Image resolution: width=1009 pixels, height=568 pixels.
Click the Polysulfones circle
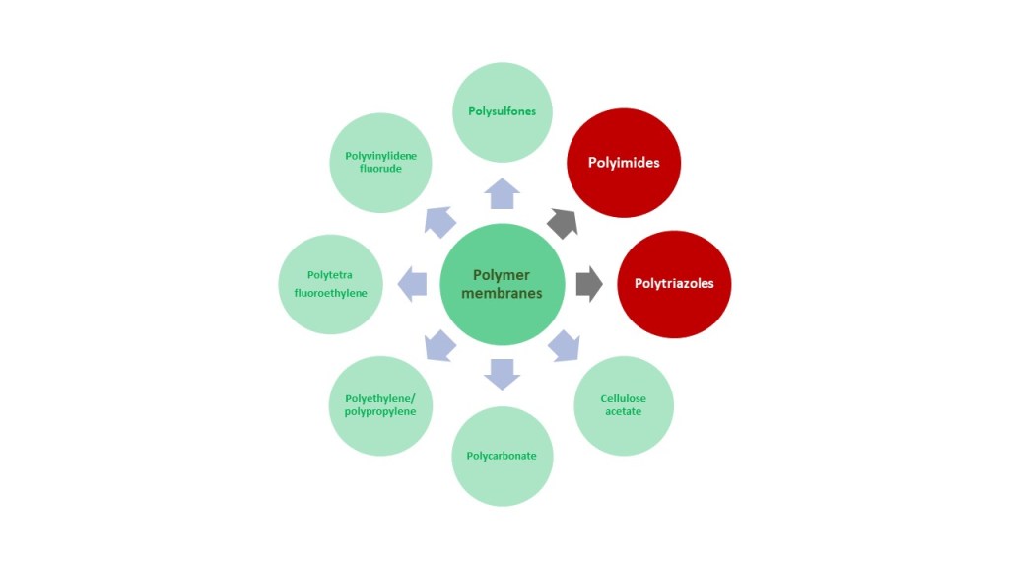pyautogui.click(x=502, y=111)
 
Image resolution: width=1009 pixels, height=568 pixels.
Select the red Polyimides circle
pyautogui.click(x=624, y=162)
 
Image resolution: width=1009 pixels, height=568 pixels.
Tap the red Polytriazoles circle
pyautogui.click(x=673, y=284)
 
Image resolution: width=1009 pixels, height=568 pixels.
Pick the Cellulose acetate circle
pyautogui.click(x=623, y=405)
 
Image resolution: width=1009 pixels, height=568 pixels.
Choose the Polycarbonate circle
pyautogui.click(x=502, y=456)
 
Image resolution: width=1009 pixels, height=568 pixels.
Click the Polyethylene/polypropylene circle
pyautogui.click(x=379, y=405)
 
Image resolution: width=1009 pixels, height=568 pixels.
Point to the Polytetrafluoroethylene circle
pyautogui.click(x=329, y=284)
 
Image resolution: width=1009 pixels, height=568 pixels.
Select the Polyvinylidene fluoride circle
pyautogui.click(x=379, y=162)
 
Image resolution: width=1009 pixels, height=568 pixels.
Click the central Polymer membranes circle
pyautogui.click(x=502, y=284)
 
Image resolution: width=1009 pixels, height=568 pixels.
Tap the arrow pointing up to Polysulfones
pyautogui.click(x=502, y=194)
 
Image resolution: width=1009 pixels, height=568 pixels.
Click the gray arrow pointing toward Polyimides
pyautogui.click(x=564, y=223)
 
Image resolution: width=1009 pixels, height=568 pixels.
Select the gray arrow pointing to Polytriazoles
pyautogui.click(x=589, y=284)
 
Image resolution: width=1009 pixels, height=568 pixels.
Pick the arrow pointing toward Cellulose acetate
pyautogui.click(x=564, y=345)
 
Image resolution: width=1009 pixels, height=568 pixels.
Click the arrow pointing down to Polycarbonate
pyautogui.click(x=502, y=373)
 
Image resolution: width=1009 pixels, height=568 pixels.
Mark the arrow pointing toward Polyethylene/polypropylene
pyautogui.click(x=439, y=345)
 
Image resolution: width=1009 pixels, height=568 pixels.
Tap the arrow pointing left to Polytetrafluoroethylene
pyautogui.click(x=413, y=284)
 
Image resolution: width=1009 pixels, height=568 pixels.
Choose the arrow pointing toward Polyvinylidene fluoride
pyautogui.click(x=439, y=222)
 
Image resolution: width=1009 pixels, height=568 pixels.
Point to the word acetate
pyautogui.click(x=623, y=411)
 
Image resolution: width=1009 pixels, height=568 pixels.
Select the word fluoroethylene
pyautogui.click(x=330, y=293)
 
